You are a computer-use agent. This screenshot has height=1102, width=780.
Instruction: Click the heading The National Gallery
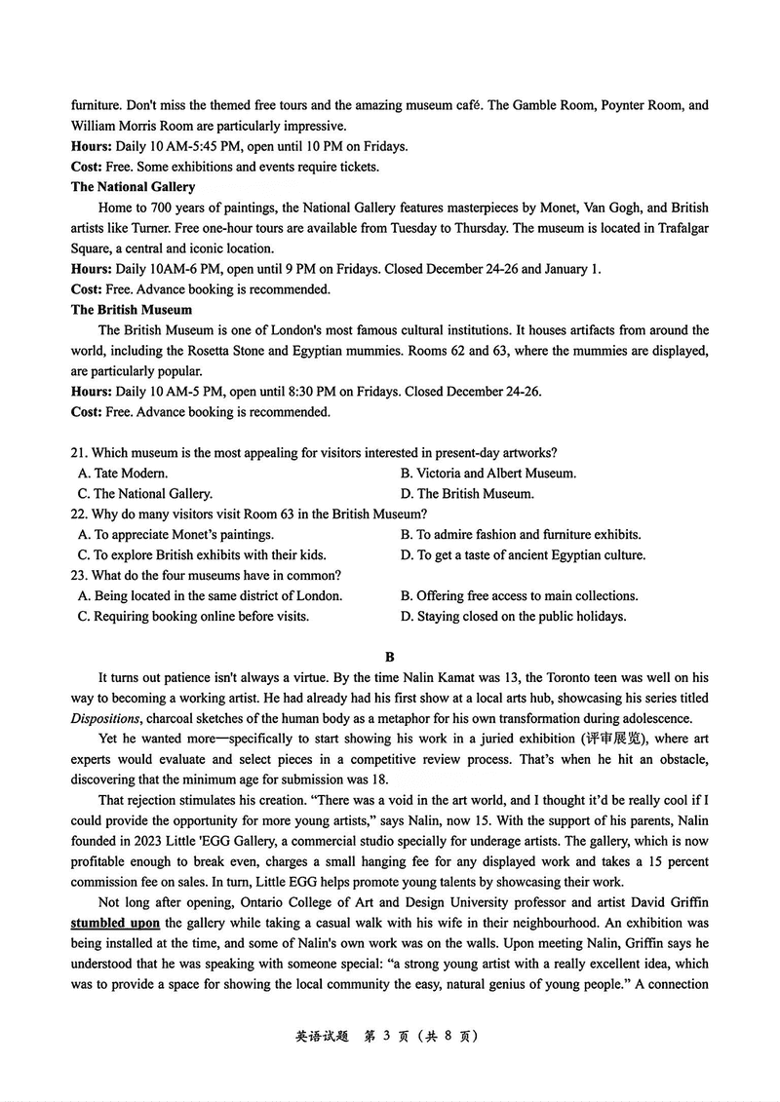(x=133, y=187)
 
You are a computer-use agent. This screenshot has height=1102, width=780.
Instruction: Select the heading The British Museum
(x=132, y=310)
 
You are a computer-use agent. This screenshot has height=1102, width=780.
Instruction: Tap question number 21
(x=79, y=452)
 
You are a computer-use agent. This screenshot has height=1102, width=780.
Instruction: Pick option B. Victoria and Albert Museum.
(x=488, y=474)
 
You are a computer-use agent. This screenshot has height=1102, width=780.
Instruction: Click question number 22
(x=79, y=513)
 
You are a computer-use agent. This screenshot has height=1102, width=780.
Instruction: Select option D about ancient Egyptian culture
(x=523, y=555)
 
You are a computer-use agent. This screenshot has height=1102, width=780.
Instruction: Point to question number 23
(x=79, y=576)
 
